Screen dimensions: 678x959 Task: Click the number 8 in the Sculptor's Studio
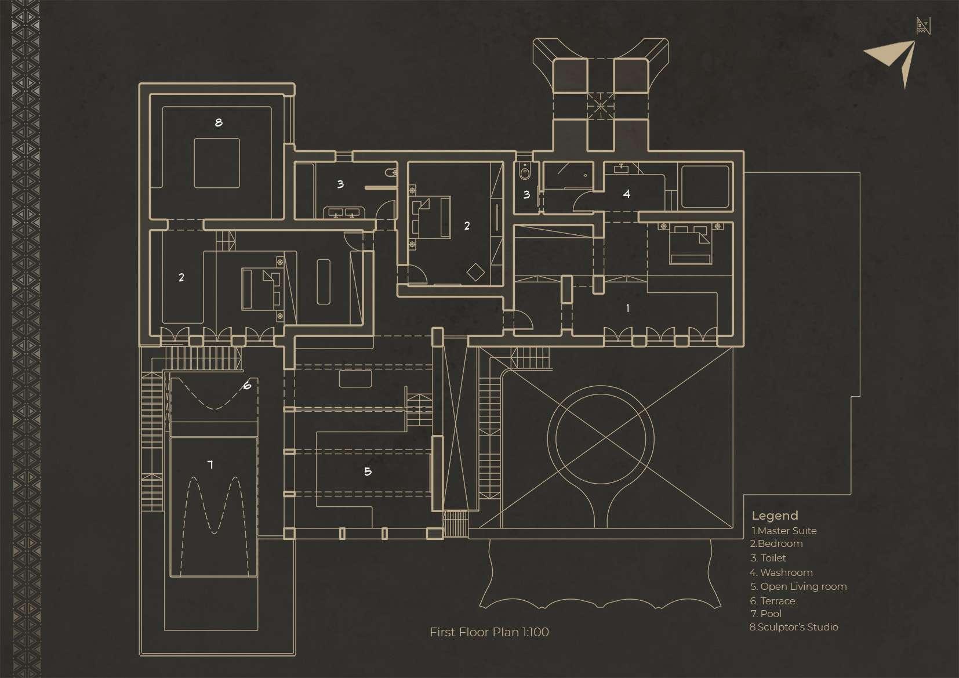click(x=219, y=122)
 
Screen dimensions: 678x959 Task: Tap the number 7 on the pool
click(x=210, y=464)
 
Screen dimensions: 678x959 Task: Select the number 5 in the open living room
click(x=368, y=472)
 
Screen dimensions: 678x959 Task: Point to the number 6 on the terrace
click(x=247, y=385)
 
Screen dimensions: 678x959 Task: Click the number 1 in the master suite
click(x=627, y=309)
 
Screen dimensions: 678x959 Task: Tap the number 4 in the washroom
click(x=627, y=194)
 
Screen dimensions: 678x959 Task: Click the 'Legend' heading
click(x=775, y=516)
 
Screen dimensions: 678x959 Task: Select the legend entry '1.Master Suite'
click(x=784, y=531)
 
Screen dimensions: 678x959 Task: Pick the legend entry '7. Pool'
click(x=765, y=614)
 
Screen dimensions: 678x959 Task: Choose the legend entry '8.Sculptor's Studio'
click(x=793, y=627)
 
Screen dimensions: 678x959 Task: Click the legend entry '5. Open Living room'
click(x=798, y=586)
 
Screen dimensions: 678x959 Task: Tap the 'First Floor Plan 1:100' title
click(x=489, y=632)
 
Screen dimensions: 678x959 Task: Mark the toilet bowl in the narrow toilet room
click(x=525, y=171)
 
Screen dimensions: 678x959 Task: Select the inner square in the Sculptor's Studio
click(x=217, y=163)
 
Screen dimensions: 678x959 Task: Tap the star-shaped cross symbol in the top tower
click(x=601, y=106)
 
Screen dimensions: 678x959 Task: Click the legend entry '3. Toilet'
click(x=768, y=558)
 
